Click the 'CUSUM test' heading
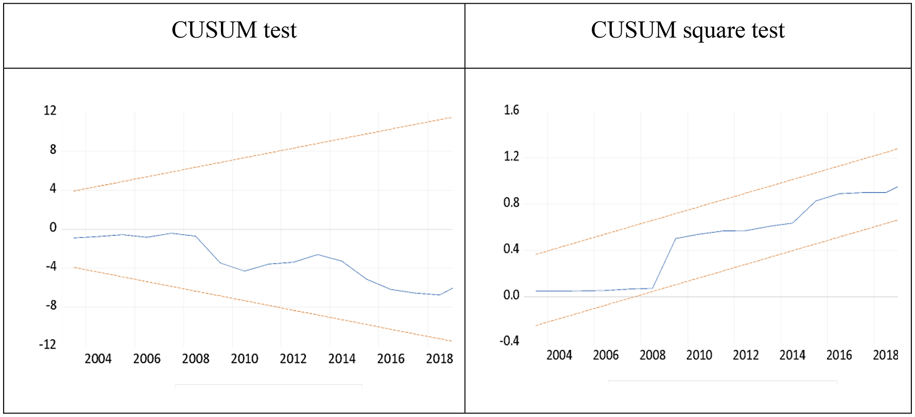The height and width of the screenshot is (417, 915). click(x=234, y=30)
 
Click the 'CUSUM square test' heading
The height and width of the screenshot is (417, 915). click(x=687, y=30)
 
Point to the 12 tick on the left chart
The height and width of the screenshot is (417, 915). click(x=50, y=110)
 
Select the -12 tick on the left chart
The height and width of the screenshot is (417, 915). click(x=48, y=344)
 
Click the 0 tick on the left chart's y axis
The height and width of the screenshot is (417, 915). click(x=53, y=228)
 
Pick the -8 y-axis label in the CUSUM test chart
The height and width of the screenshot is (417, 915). click(x=51, y=306)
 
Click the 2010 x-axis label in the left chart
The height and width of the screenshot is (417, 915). click(x=244, y=359)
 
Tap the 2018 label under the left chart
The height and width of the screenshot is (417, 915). click(x=439, y=359)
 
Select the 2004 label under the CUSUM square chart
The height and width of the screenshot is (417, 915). click(x=559, y=355)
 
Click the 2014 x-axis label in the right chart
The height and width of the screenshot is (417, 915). click(x=792, y=355)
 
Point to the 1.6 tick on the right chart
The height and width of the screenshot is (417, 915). click(x=511, y=110)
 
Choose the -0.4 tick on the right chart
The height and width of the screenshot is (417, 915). click(x=509, y=341)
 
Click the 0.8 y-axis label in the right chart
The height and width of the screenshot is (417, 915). click(x=511, y=203)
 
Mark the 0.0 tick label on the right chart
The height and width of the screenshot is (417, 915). click(x=511, y=295)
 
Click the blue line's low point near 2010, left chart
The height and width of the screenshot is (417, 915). click(x=245, y=270)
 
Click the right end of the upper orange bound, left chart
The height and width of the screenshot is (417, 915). click(x=451, y=118)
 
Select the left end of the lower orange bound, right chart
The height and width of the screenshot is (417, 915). click(x=537, y=325)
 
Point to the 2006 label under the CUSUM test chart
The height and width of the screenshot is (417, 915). click(x=147, y=359)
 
